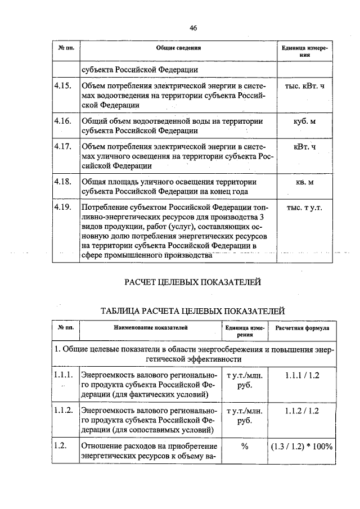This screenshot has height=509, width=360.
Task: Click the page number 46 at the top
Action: click(193, 28)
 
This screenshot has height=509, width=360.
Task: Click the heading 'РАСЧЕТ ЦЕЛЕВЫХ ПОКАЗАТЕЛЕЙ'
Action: click(192, 282)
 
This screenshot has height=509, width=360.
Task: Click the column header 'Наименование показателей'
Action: click(148, 326)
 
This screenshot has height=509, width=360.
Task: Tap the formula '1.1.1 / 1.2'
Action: click(302, 375)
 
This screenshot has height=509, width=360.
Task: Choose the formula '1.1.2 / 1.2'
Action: click(302, 411)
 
